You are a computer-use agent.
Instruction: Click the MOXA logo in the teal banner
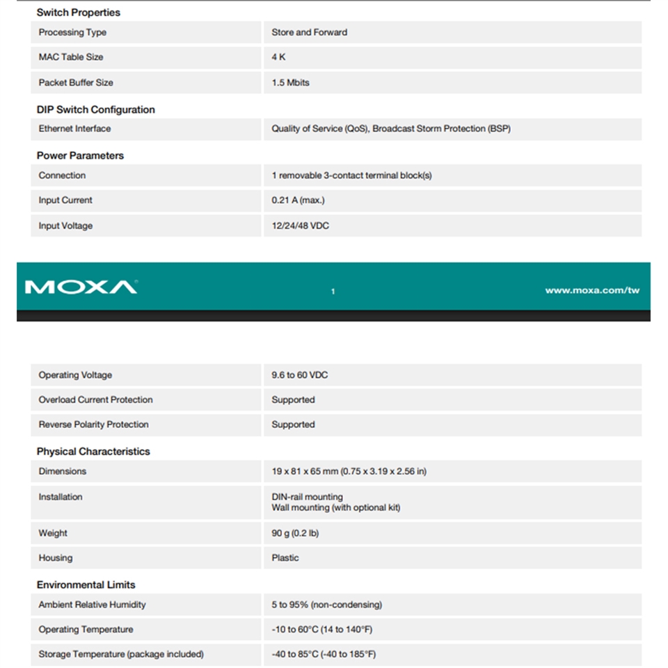pyautogui.click(x=81, y=287)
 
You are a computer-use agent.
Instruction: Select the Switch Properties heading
pyautogui.click(x=78, y=13)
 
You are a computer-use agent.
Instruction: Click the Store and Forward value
pyautogui.click(x=309, y=32)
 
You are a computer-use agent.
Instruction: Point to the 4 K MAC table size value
pyautogui.click(x=278, y=57)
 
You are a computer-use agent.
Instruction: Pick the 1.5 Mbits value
pyautogui.click(x=290, y=82)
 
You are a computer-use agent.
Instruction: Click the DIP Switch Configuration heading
pyautogui.click(x=95, y=109)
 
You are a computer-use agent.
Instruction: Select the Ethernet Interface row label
pyautogui.click(x=74, y=129)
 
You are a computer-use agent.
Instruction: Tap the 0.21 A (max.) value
pyautogui.click(x=298, y=200)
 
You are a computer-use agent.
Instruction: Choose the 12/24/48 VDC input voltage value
pyautogui.click(x=300, y=225)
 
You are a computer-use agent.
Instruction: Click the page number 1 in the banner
pyautogui.click(x=333, y=291)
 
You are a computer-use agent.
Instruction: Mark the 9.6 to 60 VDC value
pyautogui.click(x=299, y=375)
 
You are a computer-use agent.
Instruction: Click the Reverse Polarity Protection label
pyautogui.click(x=93, y=424)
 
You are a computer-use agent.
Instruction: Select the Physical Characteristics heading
pyautogui.click(x=93, y=451)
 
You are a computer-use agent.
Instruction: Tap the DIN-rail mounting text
pyautogui.click(x=307, y=497)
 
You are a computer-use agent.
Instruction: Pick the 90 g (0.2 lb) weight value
pyautogui.click(x=295, y=533)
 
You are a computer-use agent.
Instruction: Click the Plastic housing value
pyautogui.click(x=285, y=558)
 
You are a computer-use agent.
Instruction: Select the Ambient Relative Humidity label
pyautogui.click(x=92, y=605)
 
